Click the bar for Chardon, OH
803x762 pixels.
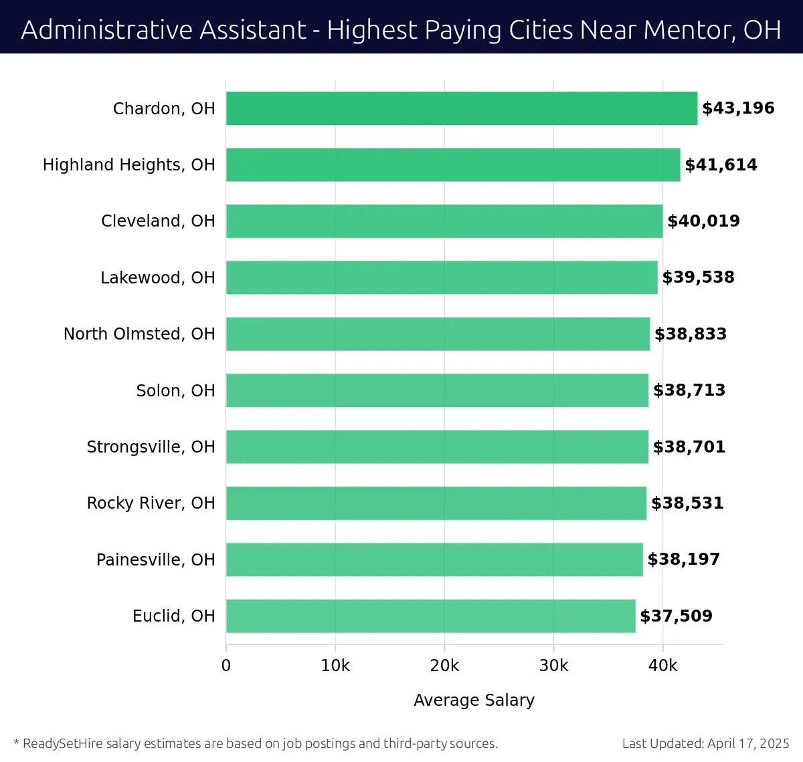[x=462, y=108]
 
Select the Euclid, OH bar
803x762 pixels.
[x=430, y=616]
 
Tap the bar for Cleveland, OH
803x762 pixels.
[x=444, y=221]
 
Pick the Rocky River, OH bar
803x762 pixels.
[x=436, y=503]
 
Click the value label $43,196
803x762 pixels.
[x=738, y=108]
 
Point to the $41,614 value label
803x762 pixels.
[x=721, y=165]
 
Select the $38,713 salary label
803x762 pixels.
[x=689, y=390]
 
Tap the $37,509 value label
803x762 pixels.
[x=676, y=616]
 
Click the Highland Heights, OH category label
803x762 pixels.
[x=129, y=165]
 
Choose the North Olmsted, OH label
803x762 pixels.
[x=139, y=334]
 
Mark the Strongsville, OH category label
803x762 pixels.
[x=151, y=447]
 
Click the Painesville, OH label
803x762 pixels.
[x=156, y=559]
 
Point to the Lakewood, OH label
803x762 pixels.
[x=158, y=277]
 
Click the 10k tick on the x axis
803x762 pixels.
[x=335, y=666]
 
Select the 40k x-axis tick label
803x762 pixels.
[x=662, y=666]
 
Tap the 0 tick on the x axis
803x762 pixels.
[x=226, y=666]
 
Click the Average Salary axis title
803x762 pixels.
[x=474, y=700]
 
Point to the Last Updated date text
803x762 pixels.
[x=705, y=743]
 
